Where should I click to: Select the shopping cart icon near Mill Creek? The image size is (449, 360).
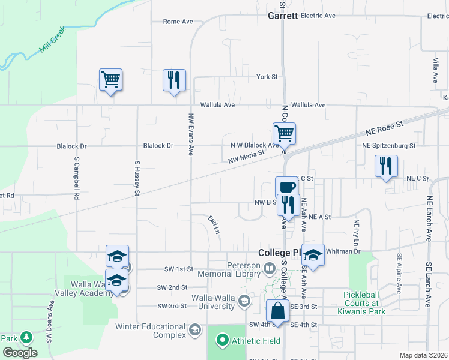pos(111,80)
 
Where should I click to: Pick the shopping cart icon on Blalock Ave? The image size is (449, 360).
pos(284,134)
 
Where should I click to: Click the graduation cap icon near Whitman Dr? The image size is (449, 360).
pos(313,255)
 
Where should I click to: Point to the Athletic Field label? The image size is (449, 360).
pos(254,341)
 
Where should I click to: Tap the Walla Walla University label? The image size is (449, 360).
pos(213,302)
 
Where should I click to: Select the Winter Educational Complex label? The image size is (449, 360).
pos(153,331)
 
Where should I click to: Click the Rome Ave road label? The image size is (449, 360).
pos(178,22)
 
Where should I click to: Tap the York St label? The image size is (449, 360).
pos(267,77)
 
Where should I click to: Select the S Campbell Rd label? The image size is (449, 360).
pos(77,178)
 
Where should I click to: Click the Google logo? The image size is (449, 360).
pos(20,353)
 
